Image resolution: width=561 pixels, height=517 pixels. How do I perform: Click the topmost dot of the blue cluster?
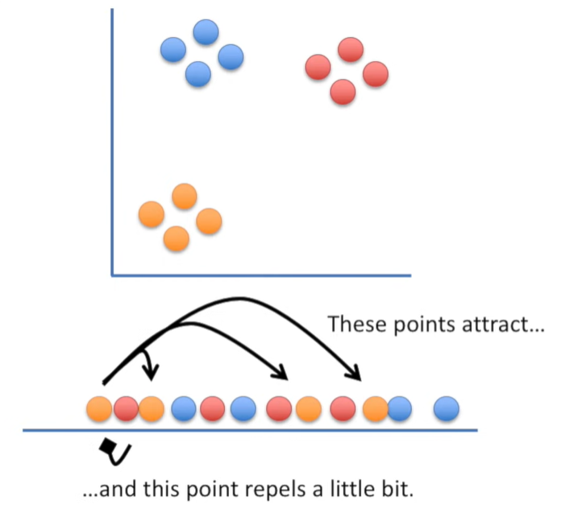coord(206,32)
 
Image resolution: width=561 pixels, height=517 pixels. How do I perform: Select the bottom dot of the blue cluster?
coord(197,74)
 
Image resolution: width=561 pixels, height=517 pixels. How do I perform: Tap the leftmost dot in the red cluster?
coord(318,66)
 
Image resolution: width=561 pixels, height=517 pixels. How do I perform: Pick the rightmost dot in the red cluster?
coord(376,74)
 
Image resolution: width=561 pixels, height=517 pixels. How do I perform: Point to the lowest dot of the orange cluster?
coord(176,238)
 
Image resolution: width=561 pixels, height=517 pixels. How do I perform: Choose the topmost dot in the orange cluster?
coord(185,196)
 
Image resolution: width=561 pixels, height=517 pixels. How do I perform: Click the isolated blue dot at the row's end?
coord(447,409)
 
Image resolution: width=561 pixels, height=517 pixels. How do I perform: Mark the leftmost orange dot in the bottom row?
coord(99,409)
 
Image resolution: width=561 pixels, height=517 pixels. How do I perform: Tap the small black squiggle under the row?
coord(114,453)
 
